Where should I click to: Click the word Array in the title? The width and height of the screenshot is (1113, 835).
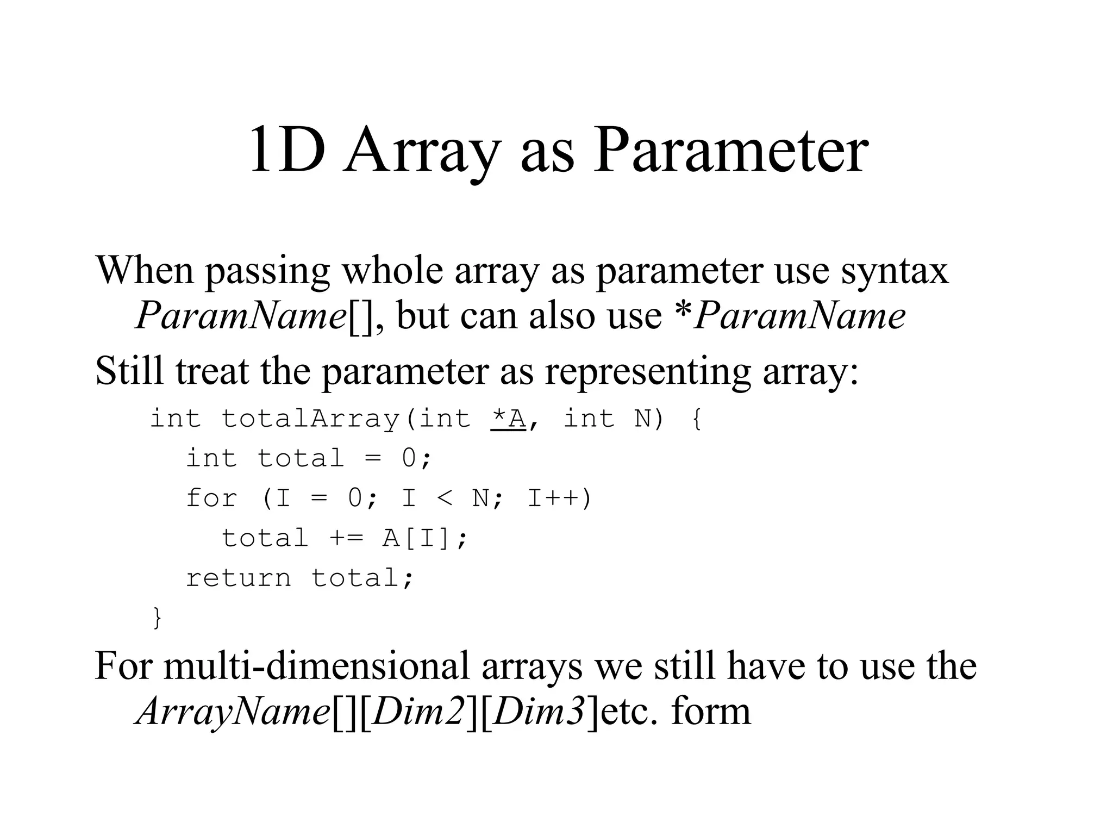(x=421, y=151)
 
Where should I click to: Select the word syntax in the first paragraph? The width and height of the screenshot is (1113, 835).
(x=895, y=270)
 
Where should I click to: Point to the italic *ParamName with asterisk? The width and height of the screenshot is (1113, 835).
(x=789, y=316)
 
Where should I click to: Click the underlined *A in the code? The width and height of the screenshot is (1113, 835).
(x=508, y=419)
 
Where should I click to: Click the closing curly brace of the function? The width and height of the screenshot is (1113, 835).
(x=157, y=618)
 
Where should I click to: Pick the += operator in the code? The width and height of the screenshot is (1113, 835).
(x=346, y=538)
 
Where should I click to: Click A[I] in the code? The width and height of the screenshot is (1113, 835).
(x=417, y=538)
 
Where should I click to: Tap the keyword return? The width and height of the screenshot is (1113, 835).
(x=239, y=578)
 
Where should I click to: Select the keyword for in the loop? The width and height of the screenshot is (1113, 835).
(x=212, y=498)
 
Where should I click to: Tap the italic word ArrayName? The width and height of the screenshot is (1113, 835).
(x=233, y=712)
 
